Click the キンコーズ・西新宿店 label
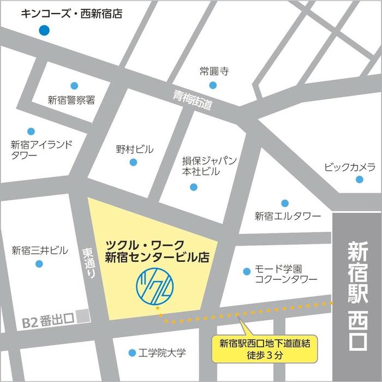(71, 13)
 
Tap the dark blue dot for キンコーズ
(44, 31)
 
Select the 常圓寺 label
(213, 71)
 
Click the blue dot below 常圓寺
(213, 85)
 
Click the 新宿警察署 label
(71, 100)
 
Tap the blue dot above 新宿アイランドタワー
(31, 132)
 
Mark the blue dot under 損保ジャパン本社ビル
(193, 187)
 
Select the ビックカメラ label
(349, 166)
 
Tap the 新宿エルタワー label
(288, 216)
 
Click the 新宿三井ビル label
(40, 250)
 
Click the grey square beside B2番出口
(82, 315)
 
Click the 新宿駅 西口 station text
(357, 295)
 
